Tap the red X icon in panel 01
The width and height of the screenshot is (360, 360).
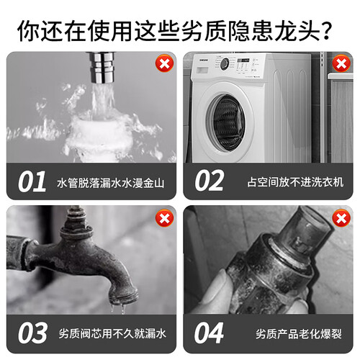click(164, 63)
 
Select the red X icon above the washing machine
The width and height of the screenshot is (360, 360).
click(341, 63)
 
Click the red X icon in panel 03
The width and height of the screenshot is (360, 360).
click(164, 218)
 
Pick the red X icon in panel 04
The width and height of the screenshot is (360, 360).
click(341, 218)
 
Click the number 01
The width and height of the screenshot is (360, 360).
click(32, 181)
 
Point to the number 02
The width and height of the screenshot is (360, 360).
click(210, 181)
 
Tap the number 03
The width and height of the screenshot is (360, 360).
click(32, 333)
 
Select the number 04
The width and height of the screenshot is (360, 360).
click(210, 333)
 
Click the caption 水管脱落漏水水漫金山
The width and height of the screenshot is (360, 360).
click(111, 183)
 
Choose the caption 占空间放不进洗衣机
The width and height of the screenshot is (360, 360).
click(295, 182)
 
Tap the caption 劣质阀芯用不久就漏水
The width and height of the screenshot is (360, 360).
click(112, 333)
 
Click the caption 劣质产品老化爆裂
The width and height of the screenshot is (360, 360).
click(299, 334)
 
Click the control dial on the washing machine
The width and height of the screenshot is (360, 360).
click(225, 63)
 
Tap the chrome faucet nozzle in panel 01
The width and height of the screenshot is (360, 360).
click(102, 67)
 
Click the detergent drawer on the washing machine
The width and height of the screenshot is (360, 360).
click(202, 70)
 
